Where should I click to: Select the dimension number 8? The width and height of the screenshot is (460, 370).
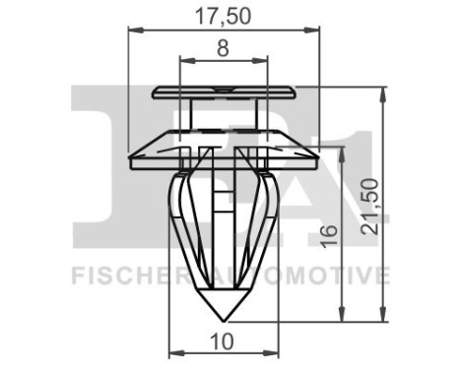pyautogui.click(x=225, y=46)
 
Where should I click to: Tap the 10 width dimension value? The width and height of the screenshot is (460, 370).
pyautogui.click(x=224, y=341)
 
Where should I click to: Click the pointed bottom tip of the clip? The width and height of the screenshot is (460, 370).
pyautogui.click(x=226, y=320)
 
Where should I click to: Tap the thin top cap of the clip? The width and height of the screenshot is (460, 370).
pyautogui.click(x=226, y=93)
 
